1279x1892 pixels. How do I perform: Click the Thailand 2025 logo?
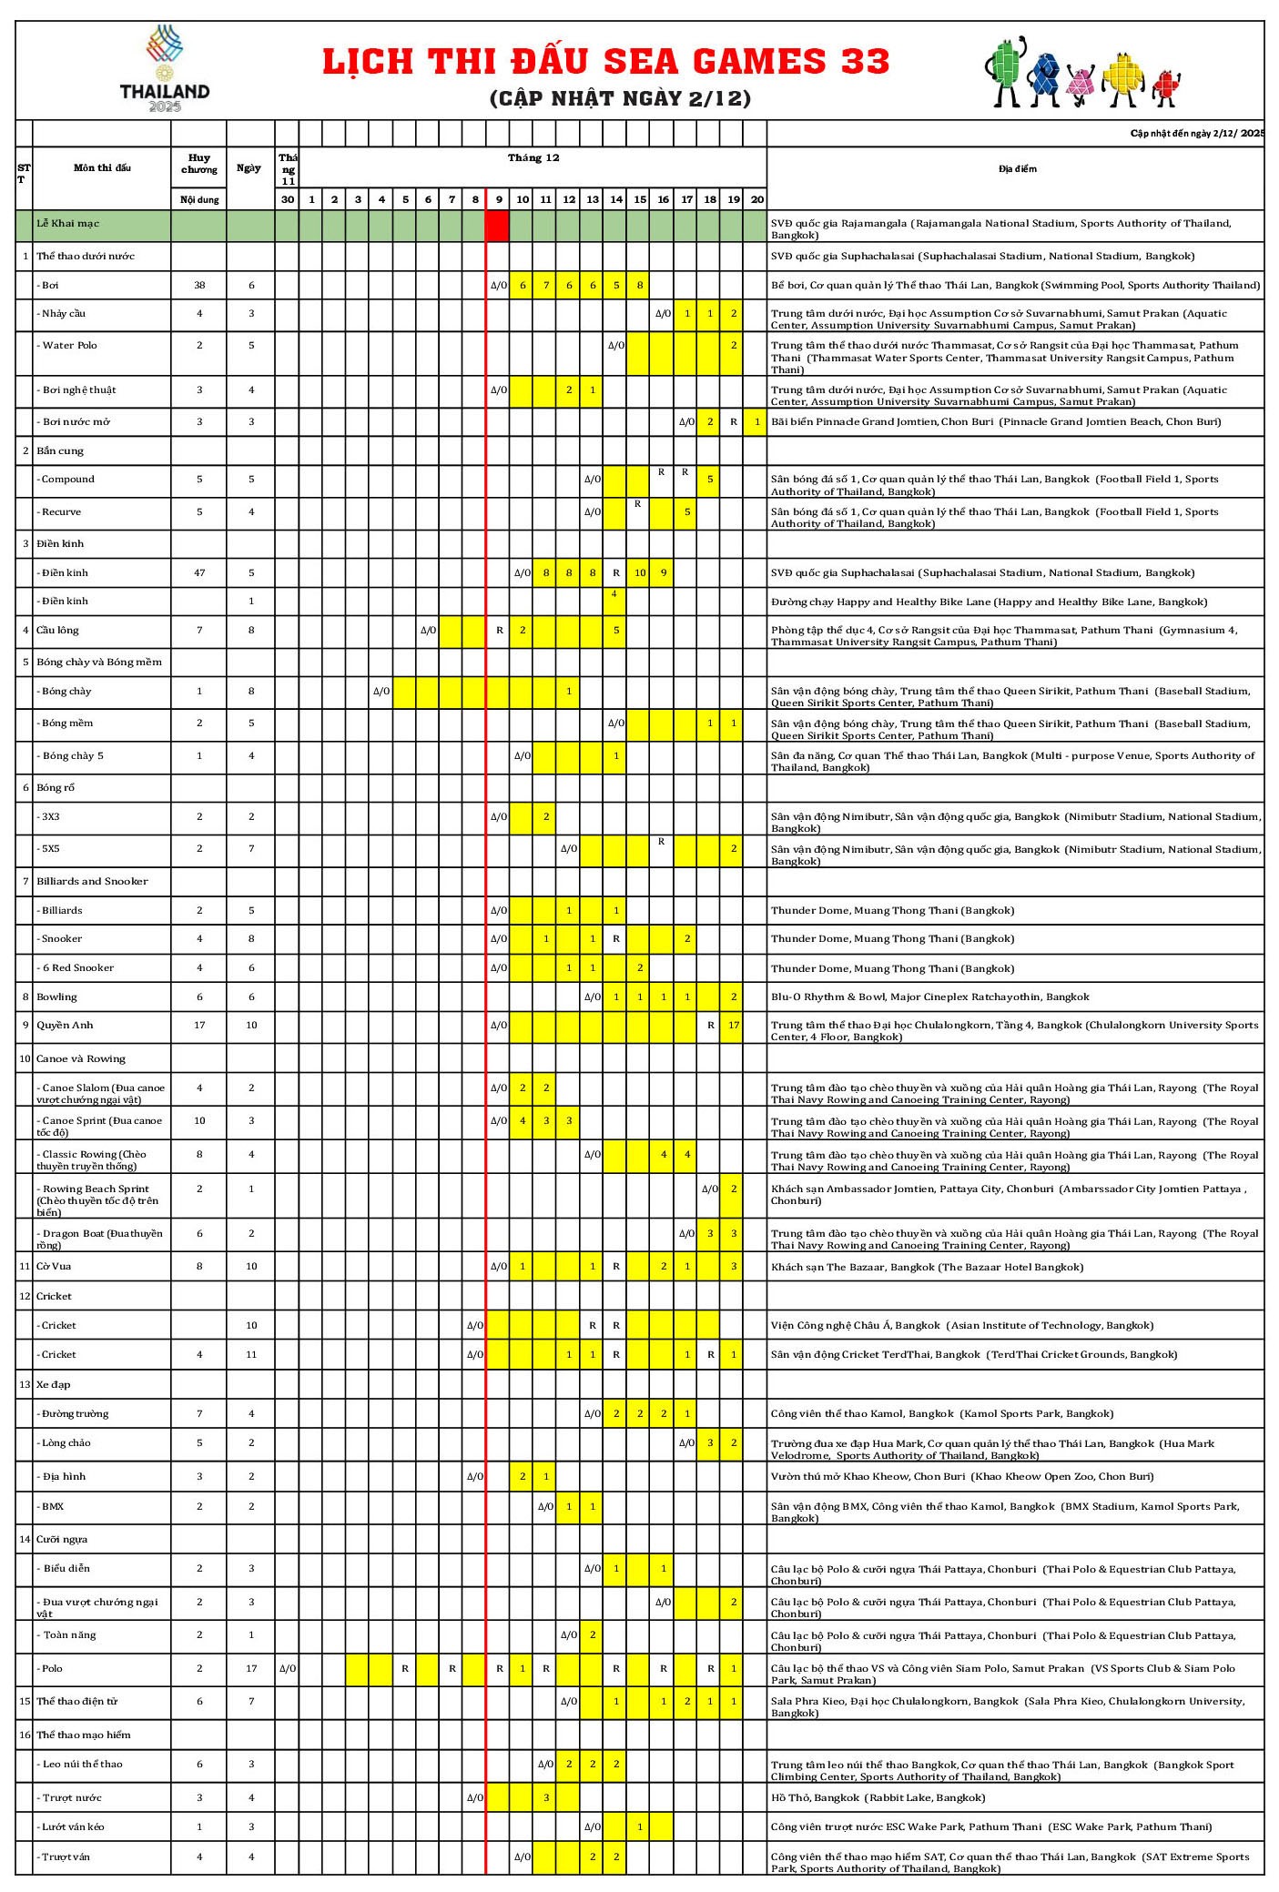pos(165,69)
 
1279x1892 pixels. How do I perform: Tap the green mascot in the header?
pos(1006,71)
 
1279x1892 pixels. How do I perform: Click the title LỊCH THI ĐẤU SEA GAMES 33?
pos(606,61)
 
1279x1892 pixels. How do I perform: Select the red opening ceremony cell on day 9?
pos(497,225)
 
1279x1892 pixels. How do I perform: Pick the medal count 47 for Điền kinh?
pos(199,572)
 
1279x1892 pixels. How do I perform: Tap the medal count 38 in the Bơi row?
pos(199,285)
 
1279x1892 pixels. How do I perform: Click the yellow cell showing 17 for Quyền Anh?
pos(733,1025)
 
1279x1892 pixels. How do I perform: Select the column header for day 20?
pos(756,199)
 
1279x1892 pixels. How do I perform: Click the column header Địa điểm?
pos(1017,168)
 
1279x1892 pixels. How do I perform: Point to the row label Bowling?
pos(56,997)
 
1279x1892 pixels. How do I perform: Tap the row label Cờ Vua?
pos(54,1266)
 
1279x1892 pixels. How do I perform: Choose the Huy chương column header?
pos(199,163)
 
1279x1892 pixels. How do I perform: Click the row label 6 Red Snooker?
pos(78,967)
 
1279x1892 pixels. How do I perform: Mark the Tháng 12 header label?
pos(533,157)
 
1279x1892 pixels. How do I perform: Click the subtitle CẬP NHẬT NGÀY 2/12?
pos(620,98)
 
